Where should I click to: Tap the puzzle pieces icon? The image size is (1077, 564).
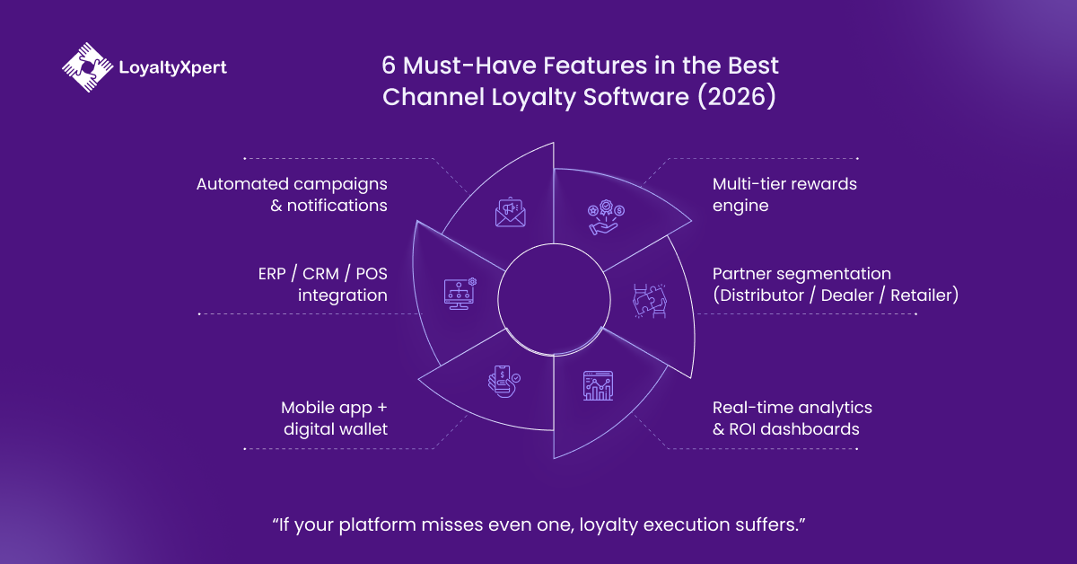(x=646, y=299)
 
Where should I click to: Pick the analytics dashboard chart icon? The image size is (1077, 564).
(x=597, y=386)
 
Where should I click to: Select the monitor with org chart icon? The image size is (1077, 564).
(x=460, y=292)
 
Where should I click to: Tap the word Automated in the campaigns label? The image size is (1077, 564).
(x=241, y=184)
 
